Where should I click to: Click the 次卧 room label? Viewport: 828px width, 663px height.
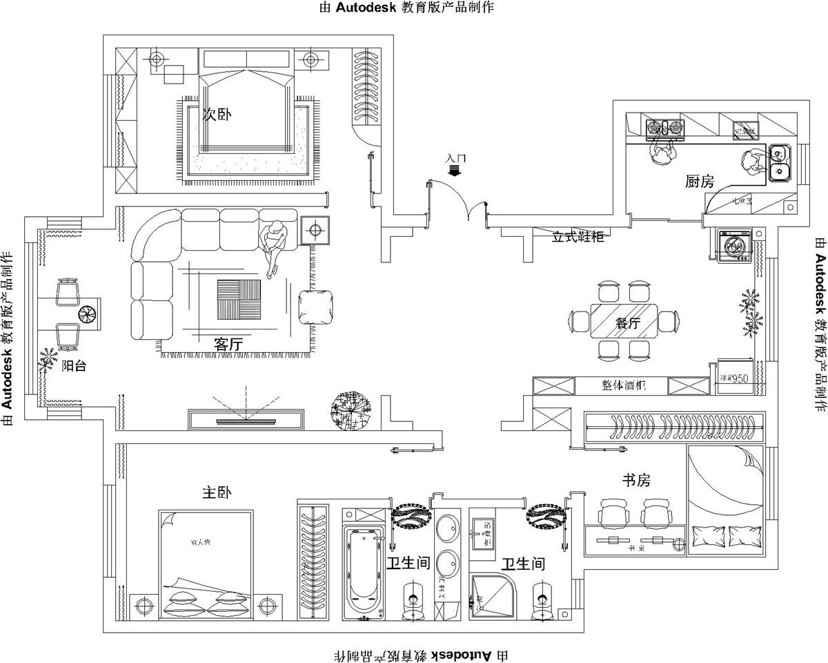[217, 115]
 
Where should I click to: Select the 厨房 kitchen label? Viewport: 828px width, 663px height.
[700, 182]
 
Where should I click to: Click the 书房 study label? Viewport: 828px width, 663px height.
[636, 480]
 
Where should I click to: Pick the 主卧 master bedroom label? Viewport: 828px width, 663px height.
[217, 493]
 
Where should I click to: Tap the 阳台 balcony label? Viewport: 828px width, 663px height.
[74, 367]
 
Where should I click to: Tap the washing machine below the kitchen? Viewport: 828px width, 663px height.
[734, 245]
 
